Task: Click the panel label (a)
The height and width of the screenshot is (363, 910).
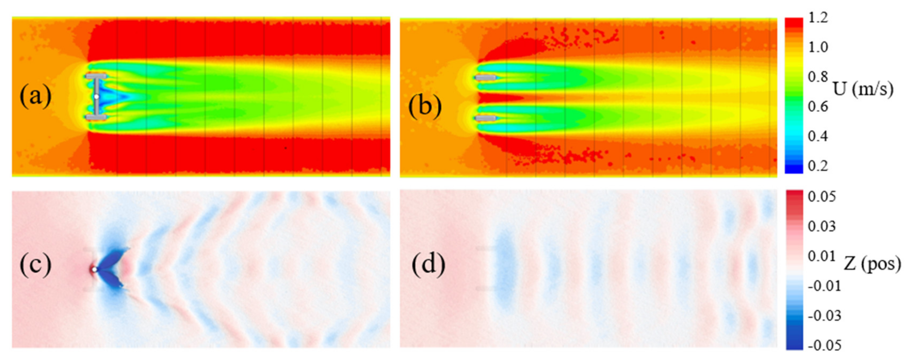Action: pyautogui.click(x=35, y=96)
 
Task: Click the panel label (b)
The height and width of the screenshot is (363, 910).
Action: pyautogui.click(x=425, y=106)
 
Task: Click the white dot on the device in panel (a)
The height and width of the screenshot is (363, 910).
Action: pyautogui.click(x=96, y=96)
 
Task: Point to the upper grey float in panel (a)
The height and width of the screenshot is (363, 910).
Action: pyautogui.click(x=96, y=76)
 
